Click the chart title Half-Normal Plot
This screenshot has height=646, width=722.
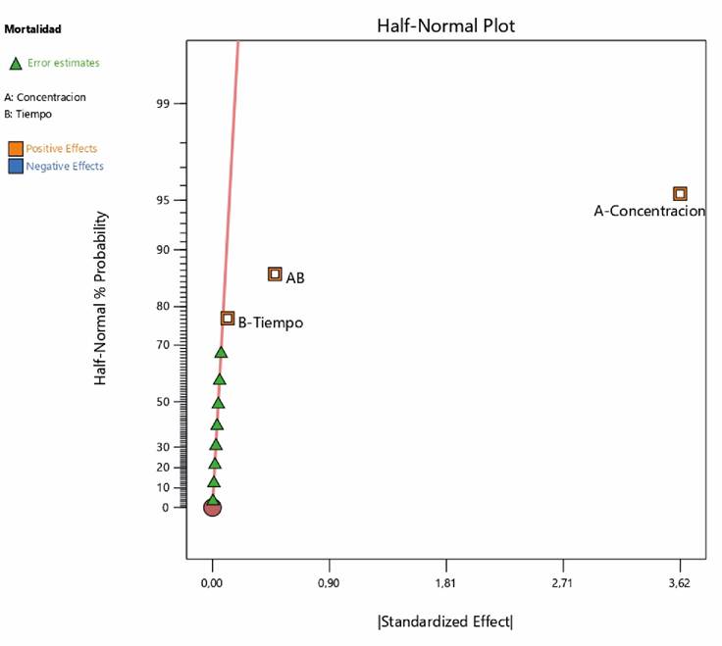tap(445, 26)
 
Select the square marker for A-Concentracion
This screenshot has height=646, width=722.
tap(679, 194)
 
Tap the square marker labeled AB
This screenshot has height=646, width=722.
tap(275, 274)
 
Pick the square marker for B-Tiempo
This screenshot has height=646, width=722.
tap(228, 318)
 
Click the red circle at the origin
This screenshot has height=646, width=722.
tap(212, 507)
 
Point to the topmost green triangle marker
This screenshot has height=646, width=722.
tap(222, 352)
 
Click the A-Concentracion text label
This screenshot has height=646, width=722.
tap(649, 211)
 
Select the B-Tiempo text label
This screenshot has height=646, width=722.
tap(271, 323)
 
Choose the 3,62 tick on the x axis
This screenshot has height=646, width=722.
tap(679, 583)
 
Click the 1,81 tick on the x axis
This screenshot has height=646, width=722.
tap(446, 583)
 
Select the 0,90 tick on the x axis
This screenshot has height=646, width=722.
tap(329, 583)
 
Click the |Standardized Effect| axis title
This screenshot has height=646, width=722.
tap(445, 621)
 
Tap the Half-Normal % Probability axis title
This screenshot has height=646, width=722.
tap(101, 297)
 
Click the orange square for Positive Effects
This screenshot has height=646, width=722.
tap(16, 149)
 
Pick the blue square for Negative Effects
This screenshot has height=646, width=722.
tap(16, 167)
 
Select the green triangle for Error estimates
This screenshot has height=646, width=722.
tap(16, 64)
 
